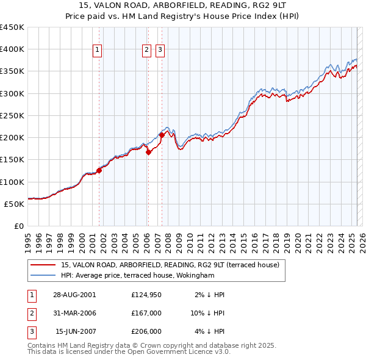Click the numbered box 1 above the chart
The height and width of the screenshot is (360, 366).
[98, 51]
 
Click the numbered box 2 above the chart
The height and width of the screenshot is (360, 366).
[148, 51]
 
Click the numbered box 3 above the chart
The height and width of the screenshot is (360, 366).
[160, 51]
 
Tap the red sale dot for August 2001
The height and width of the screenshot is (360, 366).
[99, 170]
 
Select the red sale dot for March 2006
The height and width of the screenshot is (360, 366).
[148, 152]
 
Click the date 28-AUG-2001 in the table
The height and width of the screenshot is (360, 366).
[74, 295]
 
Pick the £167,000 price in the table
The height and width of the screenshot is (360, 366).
[146, 313]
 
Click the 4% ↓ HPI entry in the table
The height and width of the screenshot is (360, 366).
[210, 331]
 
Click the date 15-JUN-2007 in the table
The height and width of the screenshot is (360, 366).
[74, 331]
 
